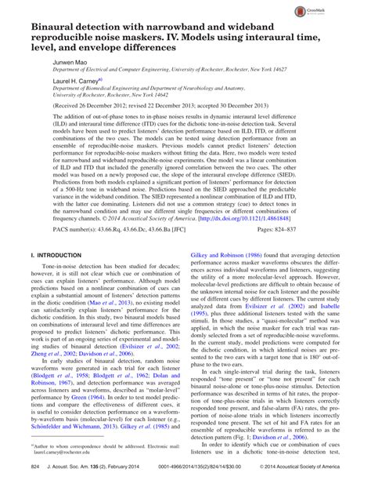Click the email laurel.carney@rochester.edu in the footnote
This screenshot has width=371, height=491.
click(x=57, y=453)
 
